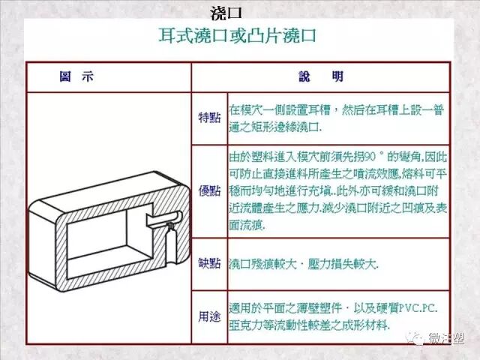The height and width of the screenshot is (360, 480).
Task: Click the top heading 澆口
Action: pyautogui.click(x=226, y=13)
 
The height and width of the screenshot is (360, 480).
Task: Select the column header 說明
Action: pyautogui.click(x=321, y=77)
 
